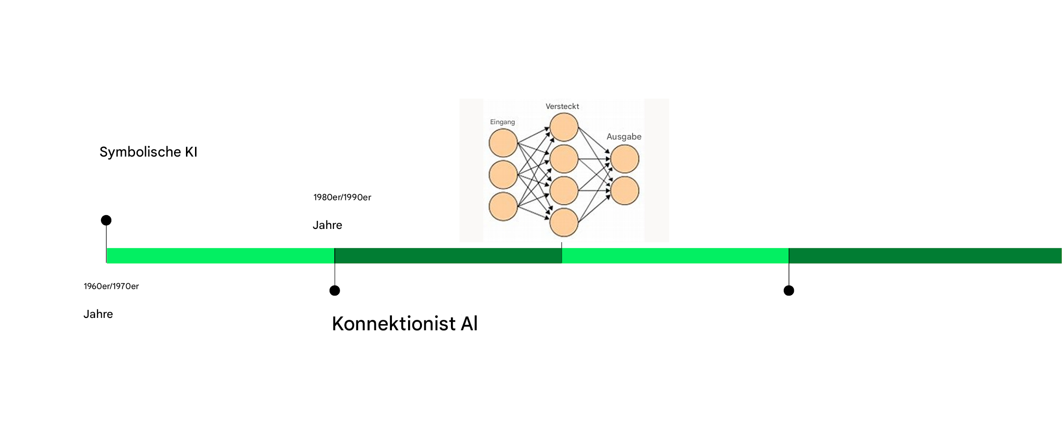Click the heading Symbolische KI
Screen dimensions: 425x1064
pos(148,152)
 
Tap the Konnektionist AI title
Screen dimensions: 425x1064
pos(404,324)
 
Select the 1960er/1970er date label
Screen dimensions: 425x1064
pos(111,286)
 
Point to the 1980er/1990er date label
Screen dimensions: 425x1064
pos(342,197)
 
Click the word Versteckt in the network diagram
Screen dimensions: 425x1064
pos(562,106)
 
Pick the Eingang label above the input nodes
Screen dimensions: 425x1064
pos(502,122)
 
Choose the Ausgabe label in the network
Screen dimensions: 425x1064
pos(624,137)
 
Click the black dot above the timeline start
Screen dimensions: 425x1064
pos(106,220)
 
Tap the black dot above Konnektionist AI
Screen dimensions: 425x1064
pos(335,290)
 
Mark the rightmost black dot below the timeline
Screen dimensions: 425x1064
pos(789,290)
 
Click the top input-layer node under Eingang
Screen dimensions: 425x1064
pos(503,143)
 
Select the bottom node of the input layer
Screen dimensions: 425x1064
pos(503,207)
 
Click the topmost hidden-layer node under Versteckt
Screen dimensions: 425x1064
pos(564,127)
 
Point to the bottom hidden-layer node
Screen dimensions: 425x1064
pos(564,222)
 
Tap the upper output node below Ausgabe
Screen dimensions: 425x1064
pos(625,159)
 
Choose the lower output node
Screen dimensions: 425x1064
pos(625,190)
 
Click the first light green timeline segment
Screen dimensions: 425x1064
pos(221,256)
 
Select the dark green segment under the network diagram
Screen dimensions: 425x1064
pos(448,256)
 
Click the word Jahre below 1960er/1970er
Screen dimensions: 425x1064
pos(98,314)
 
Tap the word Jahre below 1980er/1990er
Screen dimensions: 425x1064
pos(327,225)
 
